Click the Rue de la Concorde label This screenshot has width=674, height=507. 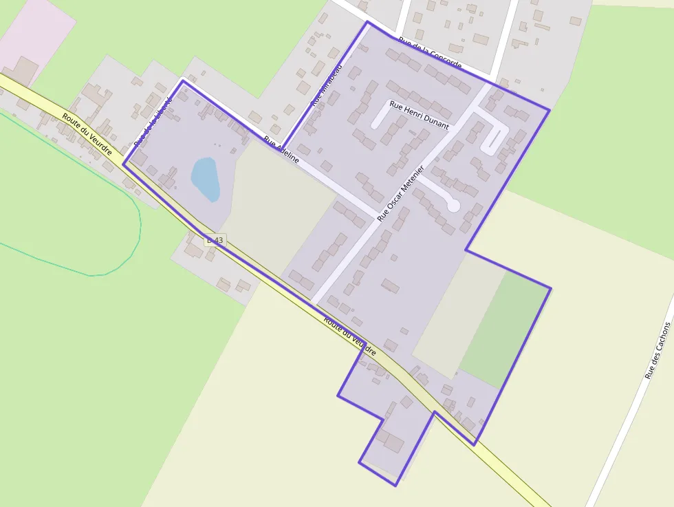pos(430,52)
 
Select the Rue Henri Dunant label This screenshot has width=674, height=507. pos(419,115)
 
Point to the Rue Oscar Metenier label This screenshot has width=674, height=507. pos(401,193)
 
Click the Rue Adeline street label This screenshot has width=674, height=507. pos(281,149)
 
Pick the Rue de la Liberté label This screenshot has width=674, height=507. pos(153,121)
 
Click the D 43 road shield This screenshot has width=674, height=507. pos(215,240)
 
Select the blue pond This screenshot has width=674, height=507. pos(206,179)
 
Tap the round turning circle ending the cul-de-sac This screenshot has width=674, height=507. pos(453,205)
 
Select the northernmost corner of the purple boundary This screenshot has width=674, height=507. pos(367,22)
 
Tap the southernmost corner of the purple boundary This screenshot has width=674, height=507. pos(395,486)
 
